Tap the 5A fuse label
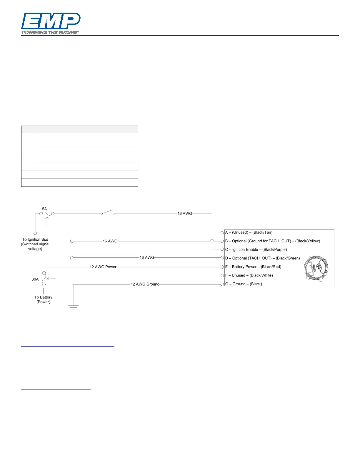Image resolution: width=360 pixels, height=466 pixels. point(44,209)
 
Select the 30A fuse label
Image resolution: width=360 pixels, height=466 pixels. point(35,279)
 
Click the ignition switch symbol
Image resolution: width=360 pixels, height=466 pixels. point(107,212)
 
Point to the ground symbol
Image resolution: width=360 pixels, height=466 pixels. point(73,307)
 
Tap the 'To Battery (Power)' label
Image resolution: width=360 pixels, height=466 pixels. point(43,299)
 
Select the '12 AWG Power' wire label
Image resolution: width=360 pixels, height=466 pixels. point(103,267)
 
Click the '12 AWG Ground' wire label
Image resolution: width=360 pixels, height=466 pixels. point(145,284)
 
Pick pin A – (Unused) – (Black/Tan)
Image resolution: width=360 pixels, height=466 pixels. point(249,232)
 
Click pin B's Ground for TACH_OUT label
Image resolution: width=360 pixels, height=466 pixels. point(273,241)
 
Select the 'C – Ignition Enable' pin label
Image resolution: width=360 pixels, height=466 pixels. point(256,249)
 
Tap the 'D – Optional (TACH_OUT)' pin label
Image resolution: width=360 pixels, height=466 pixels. point(262,258)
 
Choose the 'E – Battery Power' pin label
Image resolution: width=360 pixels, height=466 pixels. point(253,267)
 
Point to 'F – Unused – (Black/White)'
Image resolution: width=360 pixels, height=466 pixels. point(249,275)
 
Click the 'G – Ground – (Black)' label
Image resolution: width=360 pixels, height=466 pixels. point(244,284)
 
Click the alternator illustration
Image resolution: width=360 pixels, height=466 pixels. point(316,269)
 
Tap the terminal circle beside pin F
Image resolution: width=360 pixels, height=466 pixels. point(222,276)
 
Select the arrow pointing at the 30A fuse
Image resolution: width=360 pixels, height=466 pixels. point(51,279)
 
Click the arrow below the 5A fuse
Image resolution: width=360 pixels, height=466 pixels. point(47,221)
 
